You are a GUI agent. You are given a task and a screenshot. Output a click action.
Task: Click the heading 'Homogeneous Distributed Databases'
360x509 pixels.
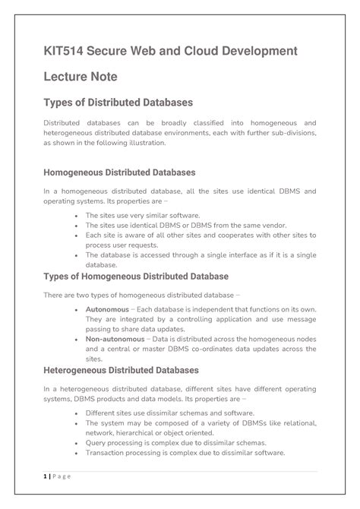coord(119,172)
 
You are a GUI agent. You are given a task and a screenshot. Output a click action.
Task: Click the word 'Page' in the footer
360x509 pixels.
coord(62,476)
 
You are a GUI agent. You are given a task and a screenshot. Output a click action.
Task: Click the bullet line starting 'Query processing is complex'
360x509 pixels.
coord(172,442)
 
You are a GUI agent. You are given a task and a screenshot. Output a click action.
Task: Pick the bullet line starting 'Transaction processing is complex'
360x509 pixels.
coord(185,452)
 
